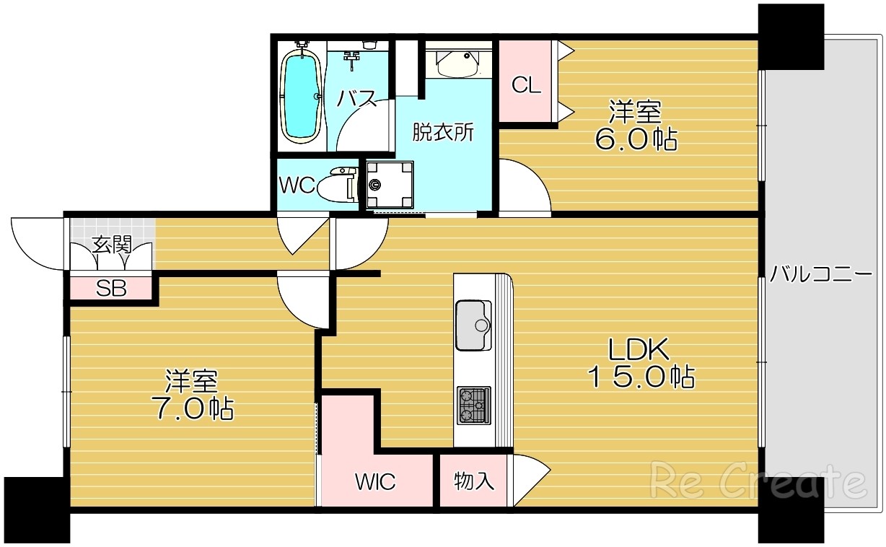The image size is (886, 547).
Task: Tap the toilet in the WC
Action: [x=336, y=185]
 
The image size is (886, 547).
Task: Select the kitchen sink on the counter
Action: [x=473, y=325]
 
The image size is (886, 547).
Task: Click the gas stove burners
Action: [x=474, y=406]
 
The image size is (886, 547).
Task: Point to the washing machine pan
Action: [x=390, y=185]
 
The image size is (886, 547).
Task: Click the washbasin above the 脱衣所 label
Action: [x=458, y=64]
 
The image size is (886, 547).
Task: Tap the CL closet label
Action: [x=526, y=85]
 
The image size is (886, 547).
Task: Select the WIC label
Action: [x=375, y=481]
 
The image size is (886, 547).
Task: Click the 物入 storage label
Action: [x=473, y=481]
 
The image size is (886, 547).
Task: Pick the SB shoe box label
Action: [x=111, y=289]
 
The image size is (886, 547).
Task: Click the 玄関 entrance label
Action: [x=112, y=245]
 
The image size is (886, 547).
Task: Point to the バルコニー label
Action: [x=821, y=273]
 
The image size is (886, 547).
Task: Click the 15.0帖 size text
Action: [x=641, y=377]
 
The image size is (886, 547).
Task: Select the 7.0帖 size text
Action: [x=193, y=408]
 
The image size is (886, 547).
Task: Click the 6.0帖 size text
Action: [x=636, y=139]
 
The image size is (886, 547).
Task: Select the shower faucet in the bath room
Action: [x=351, y=59]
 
